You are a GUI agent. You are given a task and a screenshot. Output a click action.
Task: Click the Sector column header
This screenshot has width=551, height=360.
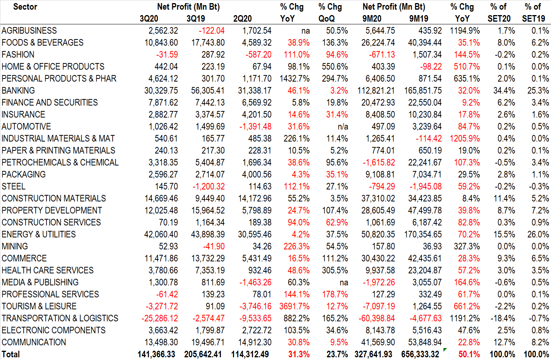25,7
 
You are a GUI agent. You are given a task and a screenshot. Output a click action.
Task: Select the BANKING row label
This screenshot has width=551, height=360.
18,90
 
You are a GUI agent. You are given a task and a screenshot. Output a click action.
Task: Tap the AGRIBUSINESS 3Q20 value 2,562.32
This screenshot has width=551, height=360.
163,31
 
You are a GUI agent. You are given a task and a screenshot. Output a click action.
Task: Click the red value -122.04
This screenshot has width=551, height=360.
211,31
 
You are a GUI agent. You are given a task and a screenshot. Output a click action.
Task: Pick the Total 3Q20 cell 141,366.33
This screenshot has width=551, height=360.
156,354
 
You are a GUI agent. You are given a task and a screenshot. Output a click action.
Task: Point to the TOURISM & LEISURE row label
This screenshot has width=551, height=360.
39,306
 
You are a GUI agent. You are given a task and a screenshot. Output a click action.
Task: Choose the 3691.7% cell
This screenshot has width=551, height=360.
294,306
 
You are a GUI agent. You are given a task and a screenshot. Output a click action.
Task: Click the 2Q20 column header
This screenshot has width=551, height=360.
243,19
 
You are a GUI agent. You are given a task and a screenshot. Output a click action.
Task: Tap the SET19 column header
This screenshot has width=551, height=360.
534,19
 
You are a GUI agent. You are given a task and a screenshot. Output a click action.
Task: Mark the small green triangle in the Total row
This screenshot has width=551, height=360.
445,350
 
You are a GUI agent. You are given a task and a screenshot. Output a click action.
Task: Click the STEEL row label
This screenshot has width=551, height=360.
14,186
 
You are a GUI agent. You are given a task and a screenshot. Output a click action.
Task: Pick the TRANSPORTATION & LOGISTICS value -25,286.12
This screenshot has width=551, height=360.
160,318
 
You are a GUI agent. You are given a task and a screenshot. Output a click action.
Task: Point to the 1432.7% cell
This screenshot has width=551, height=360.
294,78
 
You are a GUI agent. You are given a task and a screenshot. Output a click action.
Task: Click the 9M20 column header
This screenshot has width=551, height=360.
372,19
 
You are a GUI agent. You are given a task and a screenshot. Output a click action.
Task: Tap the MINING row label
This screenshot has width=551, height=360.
15,246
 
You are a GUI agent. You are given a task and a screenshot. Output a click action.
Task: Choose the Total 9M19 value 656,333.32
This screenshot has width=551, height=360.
420,354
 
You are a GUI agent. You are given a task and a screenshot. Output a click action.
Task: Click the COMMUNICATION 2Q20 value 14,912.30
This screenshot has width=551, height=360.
255,342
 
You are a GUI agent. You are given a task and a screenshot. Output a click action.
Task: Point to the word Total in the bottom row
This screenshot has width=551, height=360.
10,354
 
